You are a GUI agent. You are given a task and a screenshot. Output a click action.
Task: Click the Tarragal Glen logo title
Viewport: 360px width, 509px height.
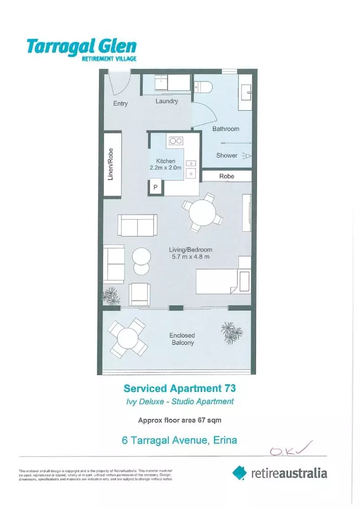point(82,46)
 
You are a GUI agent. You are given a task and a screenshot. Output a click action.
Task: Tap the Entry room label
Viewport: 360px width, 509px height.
point(120,104)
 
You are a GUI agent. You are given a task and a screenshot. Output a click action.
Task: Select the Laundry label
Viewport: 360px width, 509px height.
point(167,101)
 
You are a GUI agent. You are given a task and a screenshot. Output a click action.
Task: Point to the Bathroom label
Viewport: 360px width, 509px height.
point(226,129)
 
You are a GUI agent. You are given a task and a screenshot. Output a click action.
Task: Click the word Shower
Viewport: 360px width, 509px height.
point(227,155)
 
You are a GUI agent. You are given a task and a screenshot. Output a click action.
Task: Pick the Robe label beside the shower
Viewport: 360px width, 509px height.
point(227,176)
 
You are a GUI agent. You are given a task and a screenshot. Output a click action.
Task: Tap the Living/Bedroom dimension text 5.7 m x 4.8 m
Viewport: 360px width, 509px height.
point(191,257)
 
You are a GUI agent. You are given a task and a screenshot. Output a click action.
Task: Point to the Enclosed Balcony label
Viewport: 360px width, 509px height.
point(181,339)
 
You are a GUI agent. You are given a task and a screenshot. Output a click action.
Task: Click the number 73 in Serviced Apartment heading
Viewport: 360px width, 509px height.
point(227,388)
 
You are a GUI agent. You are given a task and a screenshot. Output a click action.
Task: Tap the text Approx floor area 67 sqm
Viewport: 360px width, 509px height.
point(180,419)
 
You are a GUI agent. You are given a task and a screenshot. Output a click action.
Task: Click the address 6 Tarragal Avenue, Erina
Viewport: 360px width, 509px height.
point(179,441)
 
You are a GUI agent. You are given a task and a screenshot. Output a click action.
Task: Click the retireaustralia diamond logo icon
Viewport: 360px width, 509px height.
point(240,472)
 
